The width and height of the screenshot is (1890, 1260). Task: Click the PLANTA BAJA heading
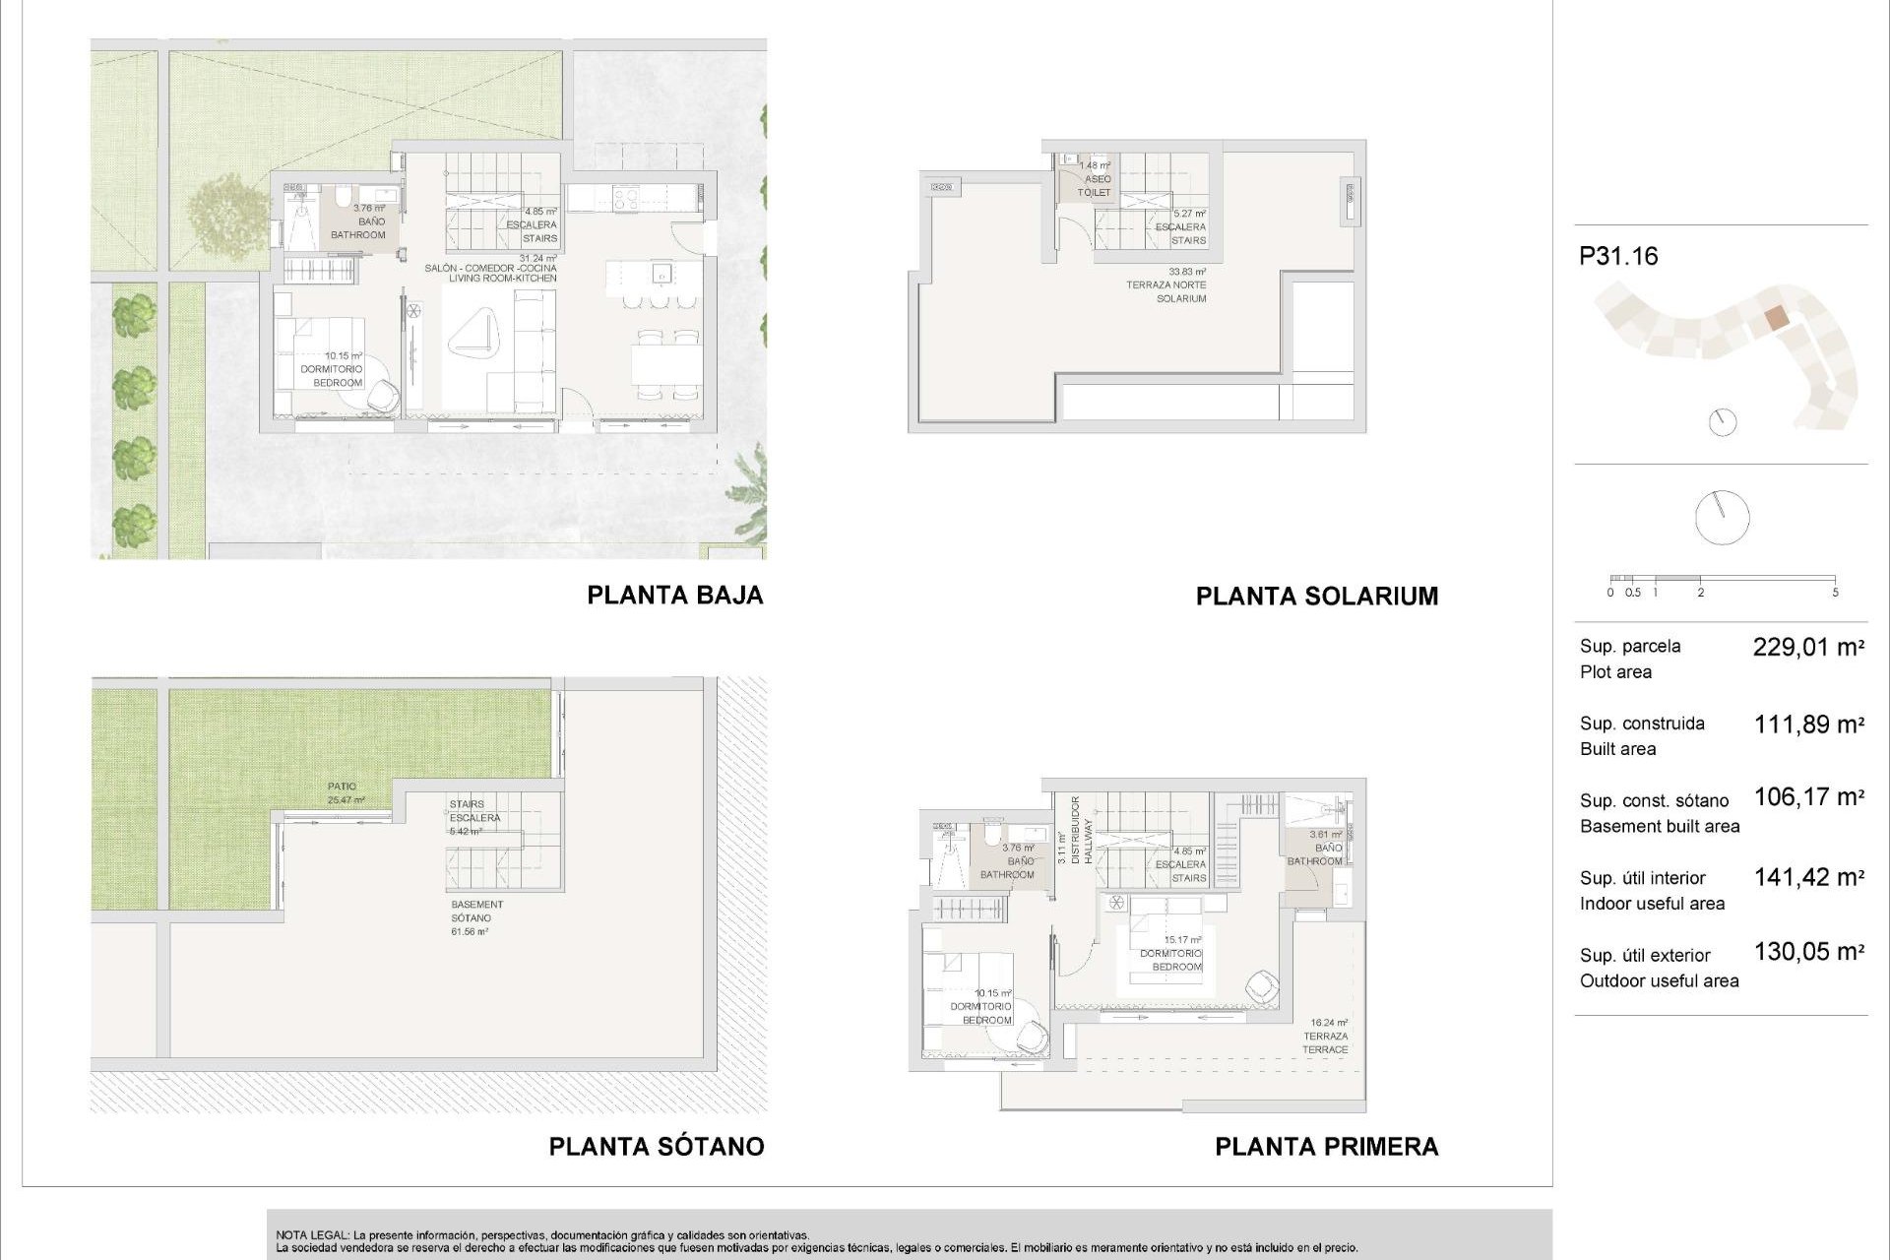674,595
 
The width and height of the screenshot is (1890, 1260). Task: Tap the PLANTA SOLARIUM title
1316,596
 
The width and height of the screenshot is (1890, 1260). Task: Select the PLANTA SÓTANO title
656,1146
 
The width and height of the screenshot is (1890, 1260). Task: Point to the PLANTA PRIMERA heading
1326,1146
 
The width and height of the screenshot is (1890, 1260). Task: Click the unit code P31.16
1618,257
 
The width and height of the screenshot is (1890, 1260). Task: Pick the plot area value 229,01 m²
1808,648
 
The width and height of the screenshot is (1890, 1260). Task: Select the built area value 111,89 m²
1808,725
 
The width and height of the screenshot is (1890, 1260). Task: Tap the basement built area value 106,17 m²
1808,797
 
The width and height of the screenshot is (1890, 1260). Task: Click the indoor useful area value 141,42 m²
1808,877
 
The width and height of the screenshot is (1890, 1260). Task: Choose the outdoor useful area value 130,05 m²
1808,952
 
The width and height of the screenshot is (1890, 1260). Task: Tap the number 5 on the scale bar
1835,593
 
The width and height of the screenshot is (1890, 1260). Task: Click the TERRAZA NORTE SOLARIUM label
1166,285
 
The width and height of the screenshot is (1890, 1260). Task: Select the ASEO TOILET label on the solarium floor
1095,179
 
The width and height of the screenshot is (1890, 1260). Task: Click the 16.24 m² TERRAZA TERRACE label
1326,1037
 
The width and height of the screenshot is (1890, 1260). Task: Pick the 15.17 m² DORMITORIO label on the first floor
1171,953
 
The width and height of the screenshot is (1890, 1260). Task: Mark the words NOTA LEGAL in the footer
311,1234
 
